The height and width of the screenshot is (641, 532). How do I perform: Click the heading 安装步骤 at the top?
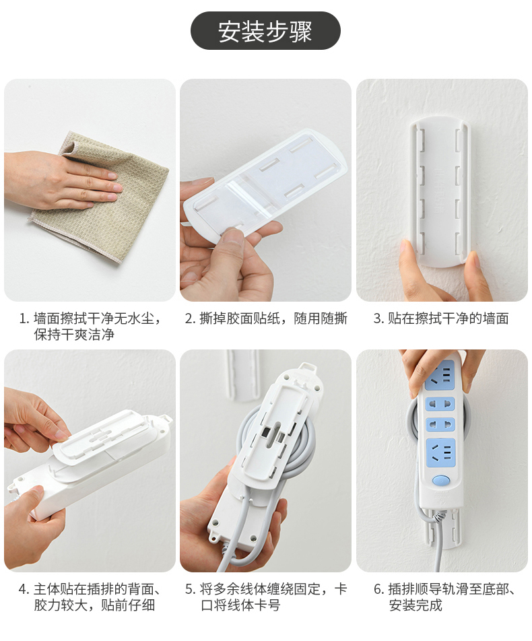point(265,31)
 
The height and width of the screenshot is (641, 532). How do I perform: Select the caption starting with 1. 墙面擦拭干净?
point(91,326)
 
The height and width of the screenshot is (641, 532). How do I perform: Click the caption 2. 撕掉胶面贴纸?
point(266,318)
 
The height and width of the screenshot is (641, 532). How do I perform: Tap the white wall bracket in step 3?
point(440,192)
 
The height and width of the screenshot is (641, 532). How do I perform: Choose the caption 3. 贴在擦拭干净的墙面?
point(441,318)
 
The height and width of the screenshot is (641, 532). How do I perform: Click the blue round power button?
point(440,480)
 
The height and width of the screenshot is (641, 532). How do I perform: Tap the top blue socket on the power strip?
point(440,375)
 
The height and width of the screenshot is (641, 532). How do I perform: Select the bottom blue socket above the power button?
point(440,453)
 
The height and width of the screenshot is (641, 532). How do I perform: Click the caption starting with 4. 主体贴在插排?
point(90,597)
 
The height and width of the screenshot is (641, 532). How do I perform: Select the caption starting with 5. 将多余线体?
point(266,597)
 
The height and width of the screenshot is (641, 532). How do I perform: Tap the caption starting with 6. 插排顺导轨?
point(444,597)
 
